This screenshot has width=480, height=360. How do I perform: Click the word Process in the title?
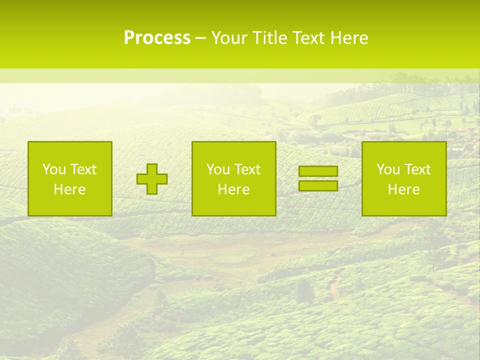click(x=157, y=37)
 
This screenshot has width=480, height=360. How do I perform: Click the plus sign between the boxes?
click(x=152, y=179)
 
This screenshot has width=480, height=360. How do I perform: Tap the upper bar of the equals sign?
click(x=318, y=171)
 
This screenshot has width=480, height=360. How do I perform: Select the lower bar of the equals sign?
click(x=318, y=185)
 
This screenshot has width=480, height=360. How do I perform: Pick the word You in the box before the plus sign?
click(x=53, y=169)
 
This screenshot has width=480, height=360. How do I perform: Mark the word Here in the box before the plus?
click(x=69, y=189)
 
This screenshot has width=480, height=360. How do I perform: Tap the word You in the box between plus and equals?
click(x=217, y=169)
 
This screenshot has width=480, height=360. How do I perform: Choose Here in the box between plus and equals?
click(x=233, y=189)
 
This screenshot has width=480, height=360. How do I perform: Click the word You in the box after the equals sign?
click(x=387, y=169)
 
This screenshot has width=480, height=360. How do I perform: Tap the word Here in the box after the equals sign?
click(x=403, y=189)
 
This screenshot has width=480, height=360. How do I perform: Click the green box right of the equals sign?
click(x=404, y=205)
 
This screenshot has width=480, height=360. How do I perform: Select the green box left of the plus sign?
click(x=70, y=205)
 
